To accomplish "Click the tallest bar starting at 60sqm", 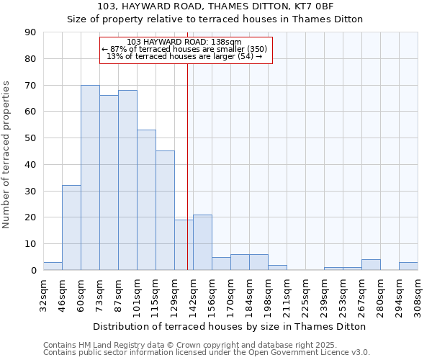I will tap(90, 178).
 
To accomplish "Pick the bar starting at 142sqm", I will tap(202, 243).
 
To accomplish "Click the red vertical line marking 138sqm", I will tap(187, 166).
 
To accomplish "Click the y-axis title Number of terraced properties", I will tap(6, 155).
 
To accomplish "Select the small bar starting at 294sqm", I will tap(408, 266).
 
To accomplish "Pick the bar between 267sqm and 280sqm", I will tap(371, 265).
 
